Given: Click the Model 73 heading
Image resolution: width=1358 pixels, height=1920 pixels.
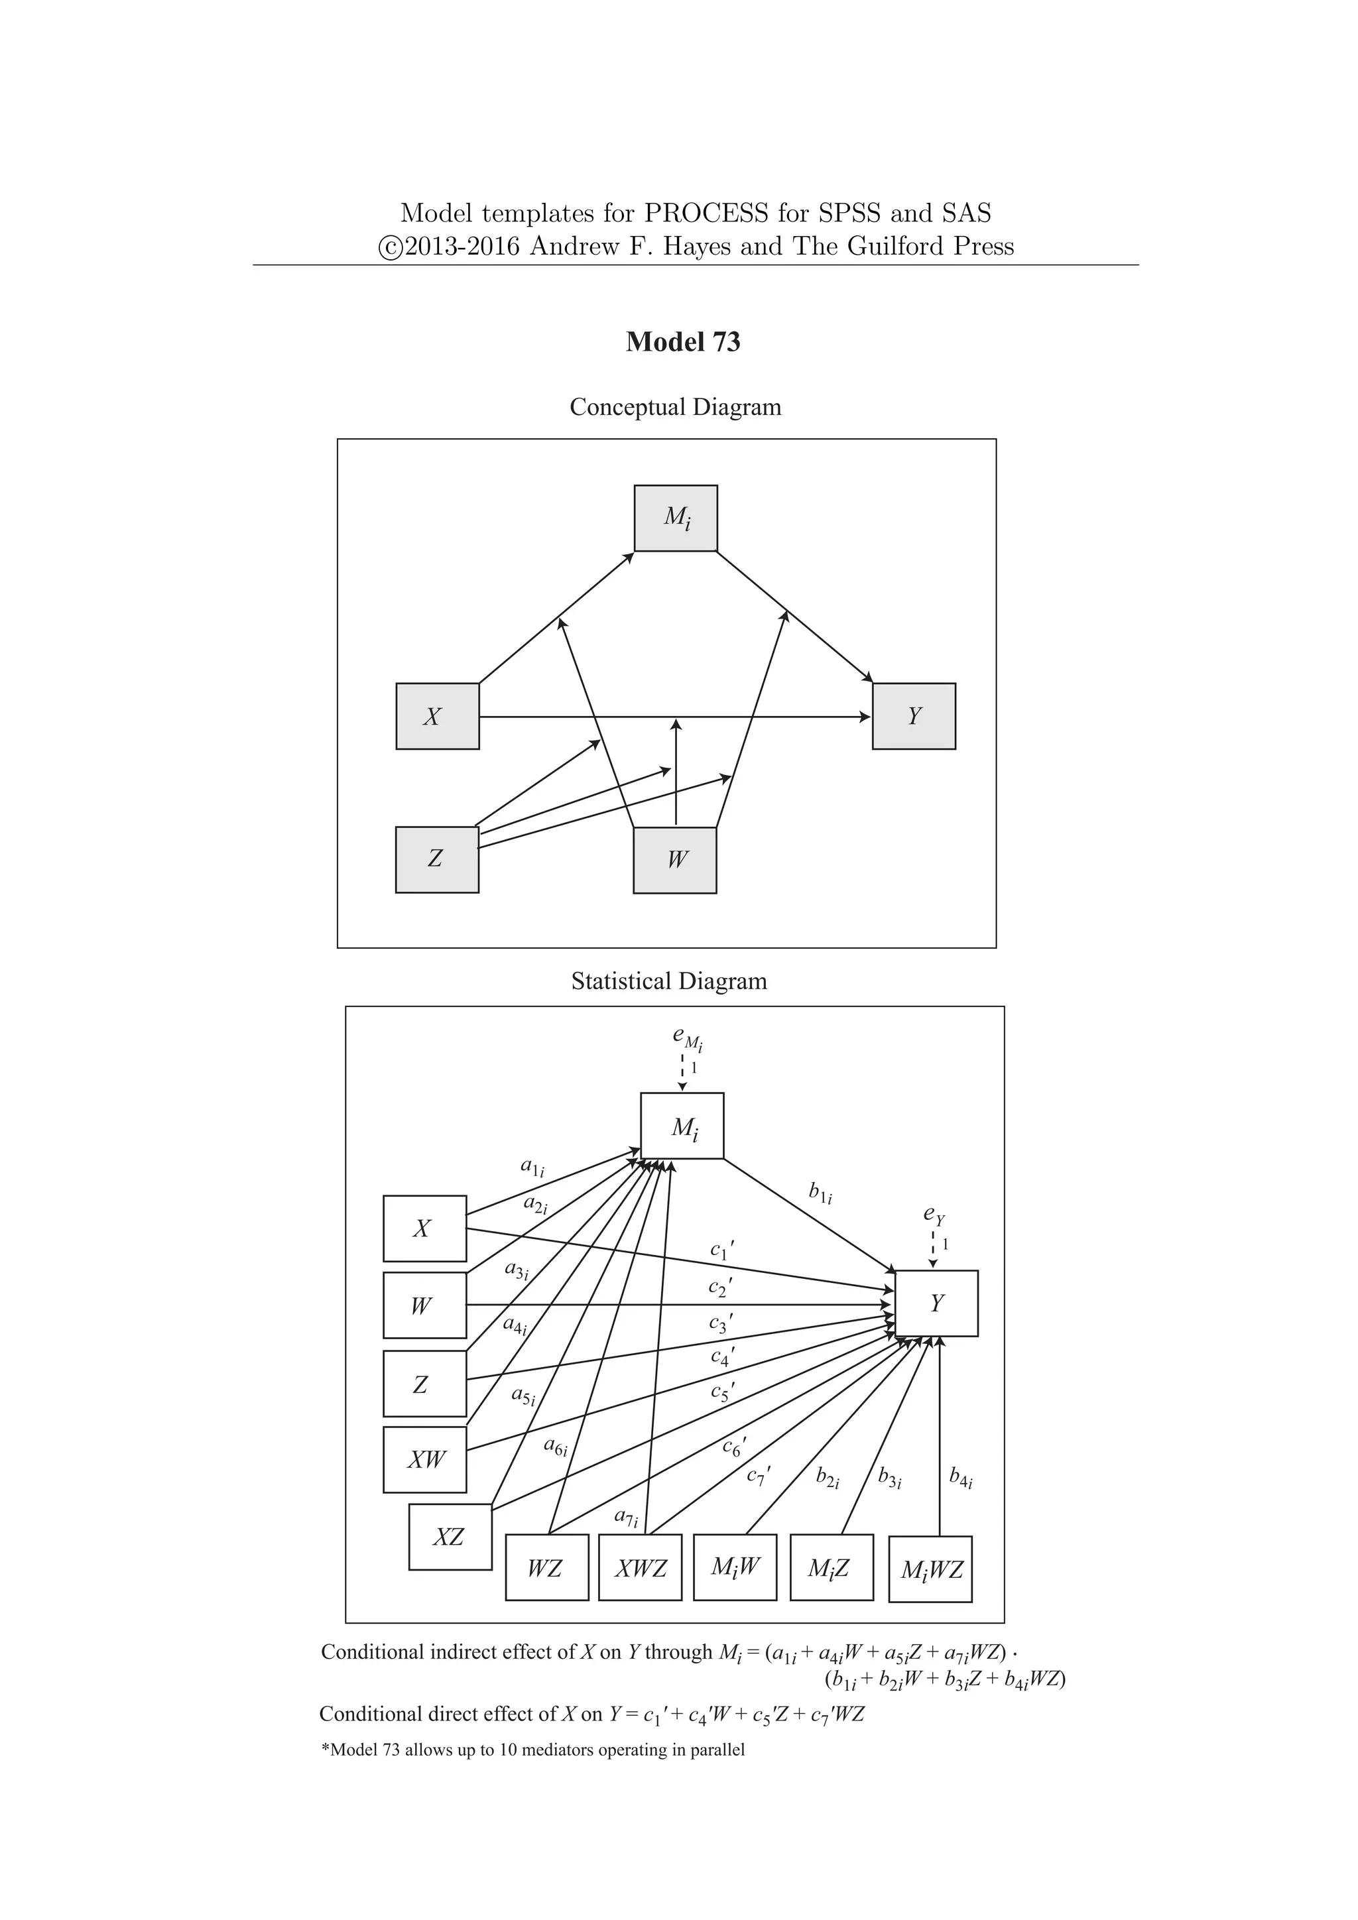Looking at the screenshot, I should pyautogui.click(x=682, y=342).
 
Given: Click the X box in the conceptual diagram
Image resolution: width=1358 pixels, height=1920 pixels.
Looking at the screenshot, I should pyautogui.click(x=438, y=716).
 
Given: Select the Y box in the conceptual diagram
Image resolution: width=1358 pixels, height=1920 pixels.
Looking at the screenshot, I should pyautogui.click(x=913, y=716).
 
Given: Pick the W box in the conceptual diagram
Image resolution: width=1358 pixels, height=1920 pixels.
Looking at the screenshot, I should pyautogui.click(x=675, y=860).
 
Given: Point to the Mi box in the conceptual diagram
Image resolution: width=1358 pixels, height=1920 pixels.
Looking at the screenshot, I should pyautogui.click(x=676, y=518).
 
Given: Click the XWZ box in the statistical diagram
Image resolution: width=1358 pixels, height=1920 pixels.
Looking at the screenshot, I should pyautogui.click(x=641, y=1568).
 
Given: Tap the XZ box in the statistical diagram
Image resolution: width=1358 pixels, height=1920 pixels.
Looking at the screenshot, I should pyautogui.click(x=450, y=1536).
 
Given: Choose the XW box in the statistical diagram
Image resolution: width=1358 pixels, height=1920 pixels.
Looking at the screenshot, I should pyautogui.click(x=425, y=1460).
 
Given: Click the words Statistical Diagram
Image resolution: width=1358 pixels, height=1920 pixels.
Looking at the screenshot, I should pyautogui.click(x=669, y=981).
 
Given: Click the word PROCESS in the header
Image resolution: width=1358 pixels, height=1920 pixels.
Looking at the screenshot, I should pyautogui.click(x=705, y=213).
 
